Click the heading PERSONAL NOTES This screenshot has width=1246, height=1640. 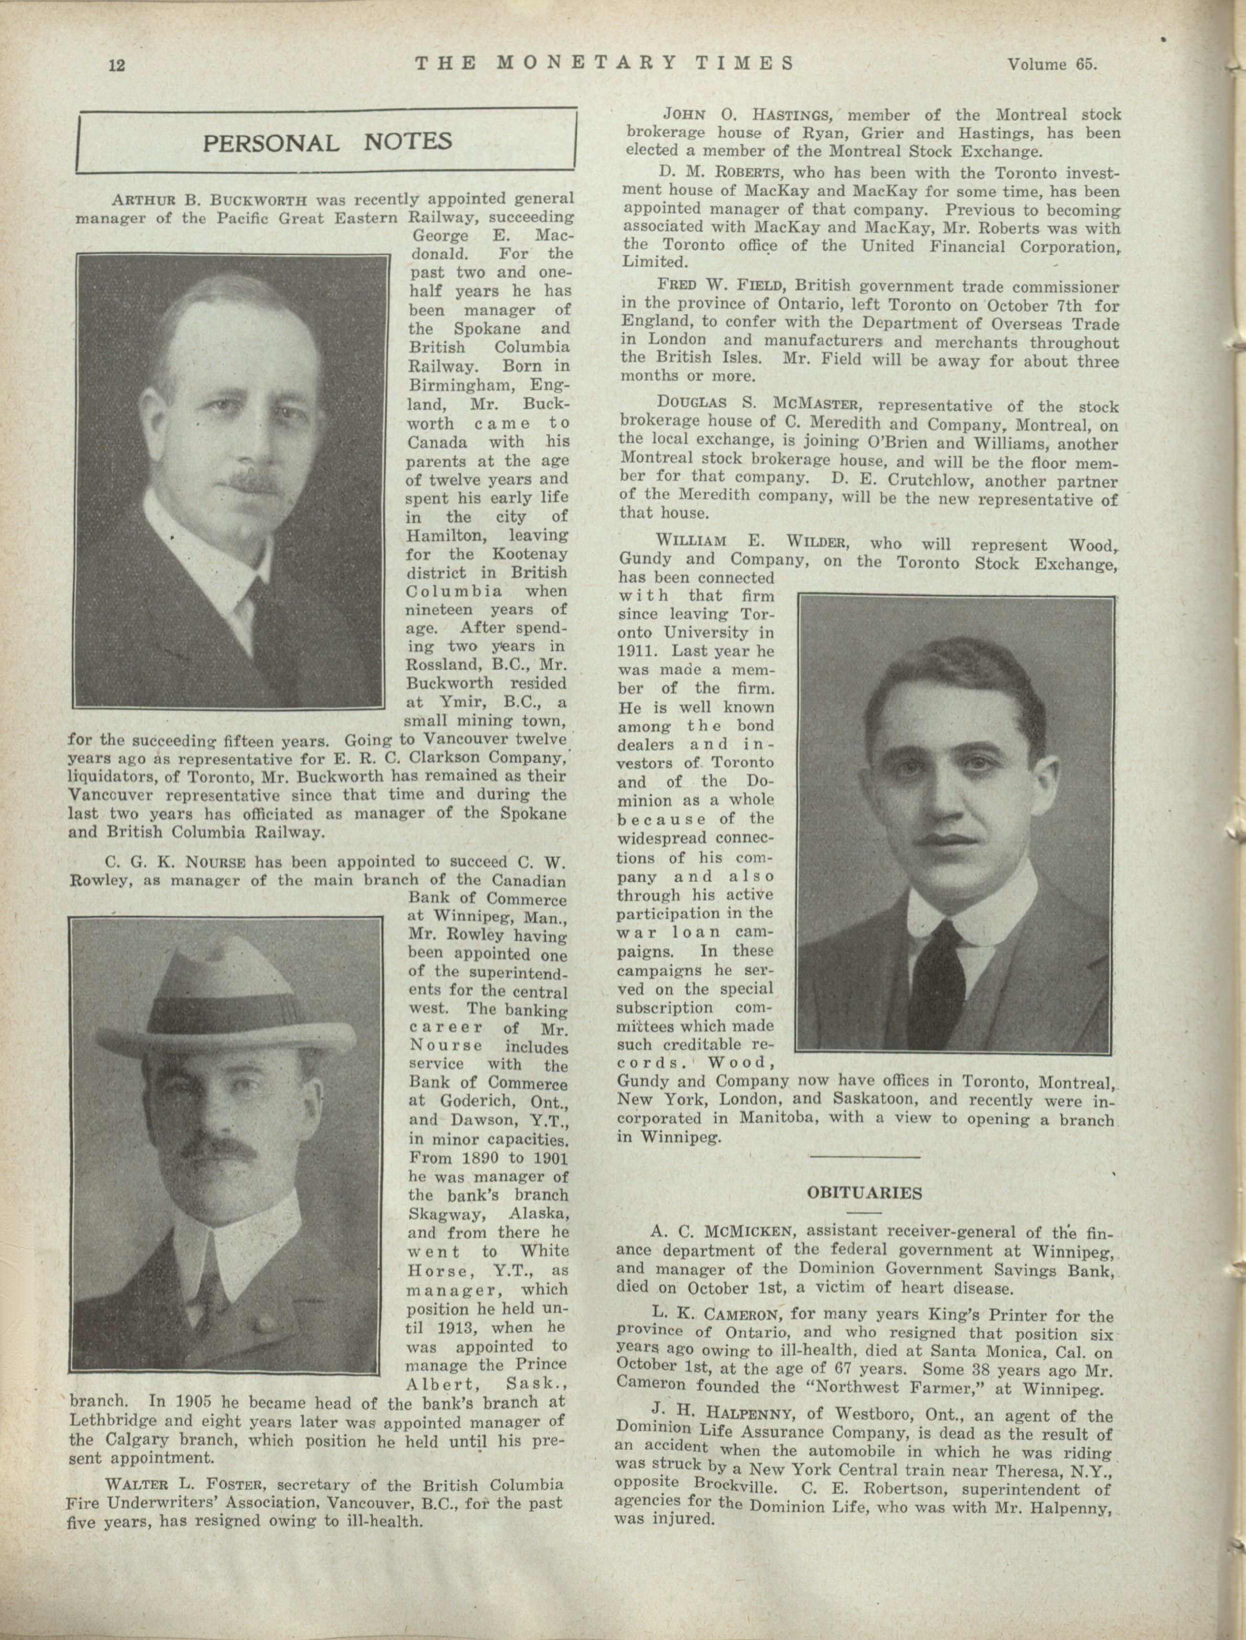[327, 141]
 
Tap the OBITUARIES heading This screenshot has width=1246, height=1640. [864, 1193]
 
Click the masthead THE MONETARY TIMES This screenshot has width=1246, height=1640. [604, 63]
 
